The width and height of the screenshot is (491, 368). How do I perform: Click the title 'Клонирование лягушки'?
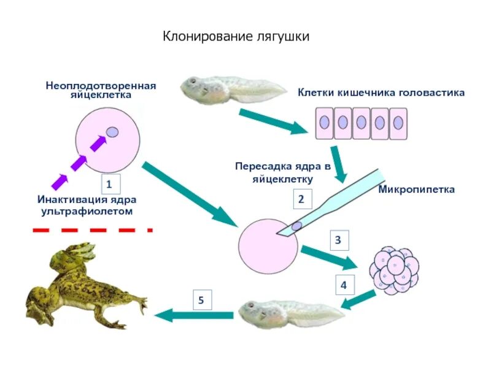click(x=236, y=37)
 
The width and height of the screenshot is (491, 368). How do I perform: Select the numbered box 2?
click(x=301, y=199)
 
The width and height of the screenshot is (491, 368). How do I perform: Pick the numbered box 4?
click(x=344, y=285)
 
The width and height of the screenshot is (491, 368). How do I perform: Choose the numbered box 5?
click(x=201, y=300)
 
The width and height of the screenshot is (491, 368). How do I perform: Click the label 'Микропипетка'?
click(x=416, y=190)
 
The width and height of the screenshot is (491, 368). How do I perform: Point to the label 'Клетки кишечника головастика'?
click(x=381, y=93)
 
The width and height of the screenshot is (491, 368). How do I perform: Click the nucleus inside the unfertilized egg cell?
click(x=112, y=132)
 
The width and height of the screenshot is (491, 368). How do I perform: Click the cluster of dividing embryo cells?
click(x=394, y=270)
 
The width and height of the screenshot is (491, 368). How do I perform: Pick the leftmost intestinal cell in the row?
click(x=325, y=123)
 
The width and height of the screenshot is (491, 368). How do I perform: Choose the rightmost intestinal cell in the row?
click(x=398, y=123)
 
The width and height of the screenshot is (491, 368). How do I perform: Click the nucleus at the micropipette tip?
click(x=296, y=226)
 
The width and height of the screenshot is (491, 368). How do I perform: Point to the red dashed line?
click(x=92, y=229)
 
